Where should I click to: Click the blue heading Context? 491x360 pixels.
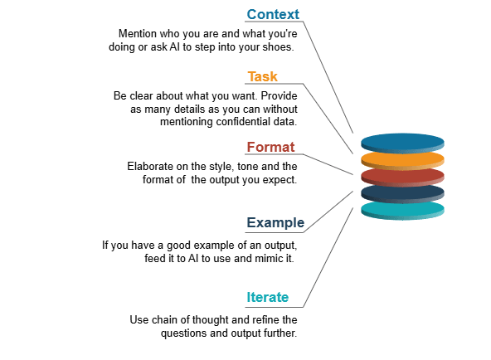pos(273,15)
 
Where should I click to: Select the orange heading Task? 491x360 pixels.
pos(263,77)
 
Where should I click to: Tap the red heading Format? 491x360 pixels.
pos(271,148)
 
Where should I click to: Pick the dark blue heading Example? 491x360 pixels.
pos(275,223)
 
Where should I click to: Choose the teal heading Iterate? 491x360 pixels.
pos(267,297)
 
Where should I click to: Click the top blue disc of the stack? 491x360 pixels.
pos(402,141)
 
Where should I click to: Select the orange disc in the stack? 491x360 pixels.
pos(402,158)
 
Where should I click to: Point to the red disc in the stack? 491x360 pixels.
pos(402,176)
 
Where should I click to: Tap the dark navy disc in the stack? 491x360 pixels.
pos(402,192)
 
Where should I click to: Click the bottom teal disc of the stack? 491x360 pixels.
pos(402,209)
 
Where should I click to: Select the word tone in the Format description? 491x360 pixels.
pos(239,167)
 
